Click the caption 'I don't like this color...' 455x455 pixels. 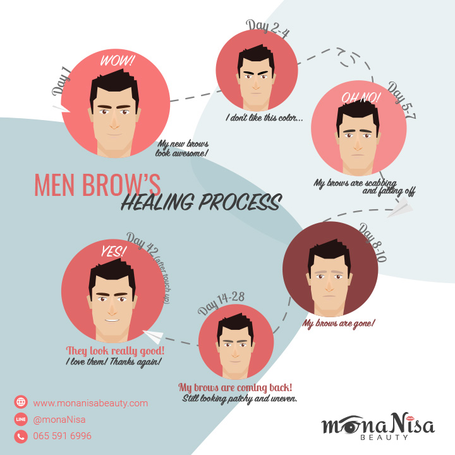(265, 118)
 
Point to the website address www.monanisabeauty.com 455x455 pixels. (90, 403)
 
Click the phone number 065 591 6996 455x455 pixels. (62, 436)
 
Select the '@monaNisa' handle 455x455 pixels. (59, 419)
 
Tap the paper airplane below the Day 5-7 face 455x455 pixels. (399, 209)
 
